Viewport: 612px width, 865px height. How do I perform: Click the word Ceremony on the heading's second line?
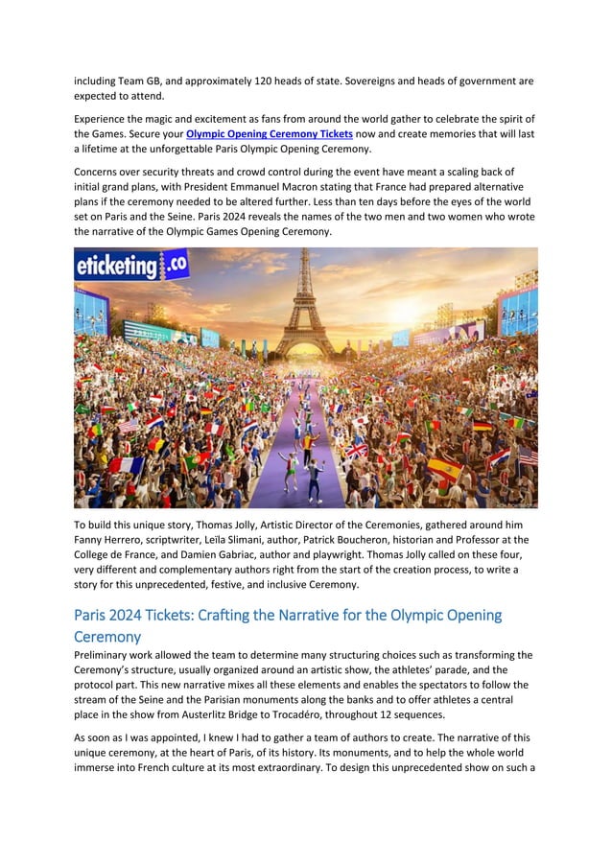click(x=107, y=636)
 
